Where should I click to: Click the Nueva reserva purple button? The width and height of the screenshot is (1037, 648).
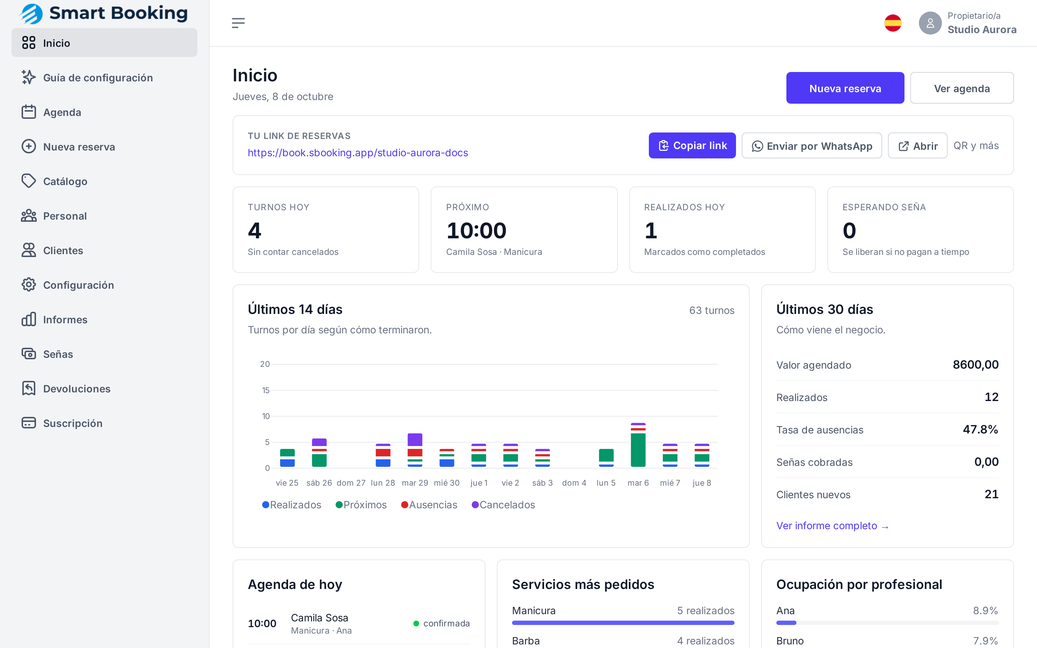(x=845, y=88)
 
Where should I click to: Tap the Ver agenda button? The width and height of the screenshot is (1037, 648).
(x=962, y=88)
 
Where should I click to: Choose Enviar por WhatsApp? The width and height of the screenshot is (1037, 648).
(x=812, y=146)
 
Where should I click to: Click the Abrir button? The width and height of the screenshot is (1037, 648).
(x=917, y=146)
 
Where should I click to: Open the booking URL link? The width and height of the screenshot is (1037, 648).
(x=358, y=153)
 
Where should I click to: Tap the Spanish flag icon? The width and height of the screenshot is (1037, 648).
(x=893, y=23)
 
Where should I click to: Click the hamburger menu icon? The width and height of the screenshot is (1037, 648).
(x=238, y=23)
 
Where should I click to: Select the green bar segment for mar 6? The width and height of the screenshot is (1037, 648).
(x=638, y=450)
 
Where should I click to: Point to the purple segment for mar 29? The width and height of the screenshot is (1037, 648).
(x=415, y=440)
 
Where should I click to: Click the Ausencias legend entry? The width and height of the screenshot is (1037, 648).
(x=429, y=505)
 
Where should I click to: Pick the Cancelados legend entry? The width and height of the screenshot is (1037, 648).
(x=503, y=505)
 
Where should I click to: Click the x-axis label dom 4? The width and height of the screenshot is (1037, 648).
(x=574, y=483)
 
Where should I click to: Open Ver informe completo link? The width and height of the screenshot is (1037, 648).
(x=832, y=526)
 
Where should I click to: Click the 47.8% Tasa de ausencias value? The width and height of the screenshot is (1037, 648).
(x=980, y=429)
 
